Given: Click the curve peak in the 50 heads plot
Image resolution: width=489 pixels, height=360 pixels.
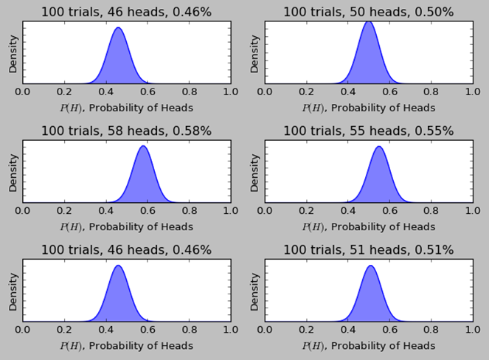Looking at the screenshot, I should [x=369, y=21].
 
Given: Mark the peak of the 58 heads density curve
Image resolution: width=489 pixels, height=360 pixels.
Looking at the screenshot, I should [x=143, y=146].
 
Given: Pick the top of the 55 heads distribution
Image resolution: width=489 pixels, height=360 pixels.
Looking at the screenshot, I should [x=379, y=147].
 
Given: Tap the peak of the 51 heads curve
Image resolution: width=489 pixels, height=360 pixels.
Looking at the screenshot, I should [x=371, y=266].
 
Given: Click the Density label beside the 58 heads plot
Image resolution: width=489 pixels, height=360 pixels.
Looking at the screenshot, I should [x=13, y=173].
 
